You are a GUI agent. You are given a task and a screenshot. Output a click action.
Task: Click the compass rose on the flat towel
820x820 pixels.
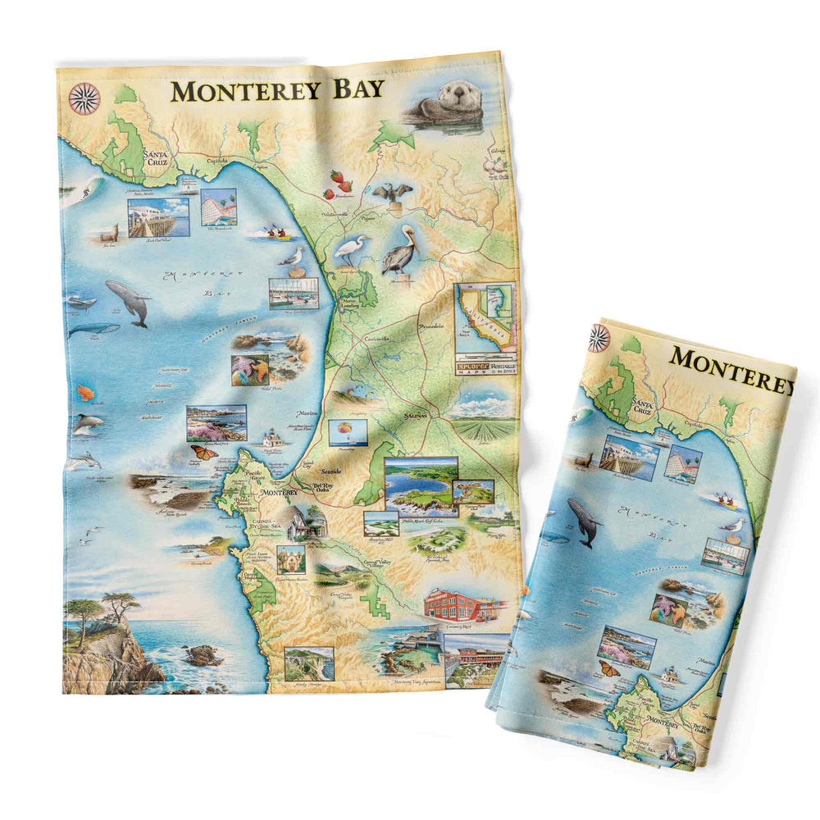pyautogui.click(x=84, y=98)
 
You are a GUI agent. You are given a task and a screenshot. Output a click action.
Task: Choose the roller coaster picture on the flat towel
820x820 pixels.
pyautogui.click(x=219, y=207)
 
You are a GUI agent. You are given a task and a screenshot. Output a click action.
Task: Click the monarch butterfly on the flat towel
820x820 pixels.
pyautogui.click(x=204, y=452)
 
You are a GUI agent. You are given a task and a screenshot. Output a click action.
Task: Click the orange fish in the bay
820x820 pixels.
pyautogui.click(x=84, y=393)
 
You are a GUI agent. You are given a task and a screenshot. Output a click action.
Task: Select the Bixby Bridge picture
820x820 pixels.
pyautogui.click(x=308, y=663)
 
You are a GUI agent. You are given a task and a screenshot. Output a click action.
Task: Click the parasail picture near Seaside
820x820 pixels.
pyautogui.click(x=347, y=431)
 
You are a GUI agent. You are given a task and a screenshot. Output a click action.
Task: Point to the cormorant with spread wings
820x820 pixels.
pyautogui.click(x=393, y=194)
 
